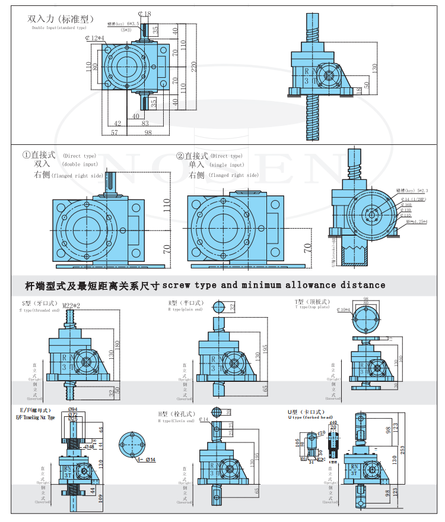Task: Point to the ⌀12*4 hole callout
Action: [x=94, y=38]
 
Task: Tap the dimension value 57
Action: [x=115, y=133]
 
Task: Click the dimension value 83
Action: [x=145, y=124]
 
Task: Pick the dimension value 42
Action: [x=117, y=124]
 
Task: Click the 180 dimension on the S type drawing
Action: [x=117, y=344]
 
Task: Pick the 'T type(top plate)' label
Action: [x=312, y=307]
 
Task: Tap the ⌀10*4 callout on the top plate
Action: [x=345, y=309]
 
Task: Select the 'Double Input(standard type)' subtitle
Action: [x=59, y=27]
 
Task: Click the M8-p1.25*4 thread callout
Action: [x=413, y=222]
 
